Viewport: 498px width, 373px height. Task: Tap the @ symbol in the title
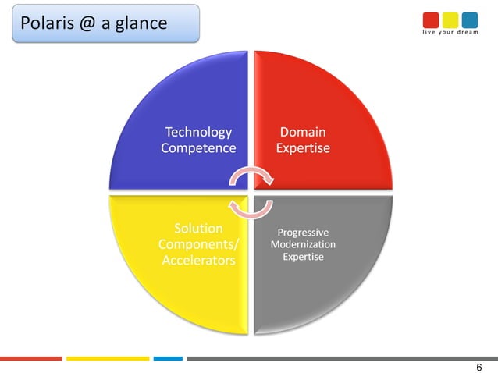(91, 23)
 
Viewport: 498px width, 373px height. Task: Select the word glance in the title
(141, 23)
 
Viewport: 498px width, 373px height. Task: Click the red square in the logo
(432, 20)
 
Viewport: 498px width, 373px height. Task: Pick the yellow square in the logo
(450, 20)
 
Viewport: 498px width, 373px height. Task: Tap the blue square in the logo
(469, 20)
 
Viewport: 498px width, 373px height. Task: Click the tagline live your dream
(450, 33)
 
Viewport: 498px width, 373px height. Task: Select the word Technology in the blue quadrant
(197, 132)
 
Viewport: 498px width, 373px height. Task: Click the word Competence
(197, 147)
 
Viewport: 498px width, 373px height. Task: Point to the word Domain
(303, 132)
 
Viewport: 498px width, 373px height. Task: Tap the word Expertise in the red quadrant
(303, 147)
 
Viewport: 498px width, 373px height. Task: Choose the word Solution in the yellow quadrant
(197, 228)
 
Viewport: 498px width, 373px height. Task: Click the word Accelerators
(198, 260)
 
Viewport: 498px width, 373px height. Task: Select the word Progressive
(303, 233)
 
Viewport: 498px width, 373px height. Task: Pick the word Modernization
(303, 244)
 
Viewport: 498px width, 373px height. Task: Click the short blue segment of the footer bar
(167, 358)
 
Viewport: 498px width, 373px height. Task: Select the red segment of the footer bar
(31, 358)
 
